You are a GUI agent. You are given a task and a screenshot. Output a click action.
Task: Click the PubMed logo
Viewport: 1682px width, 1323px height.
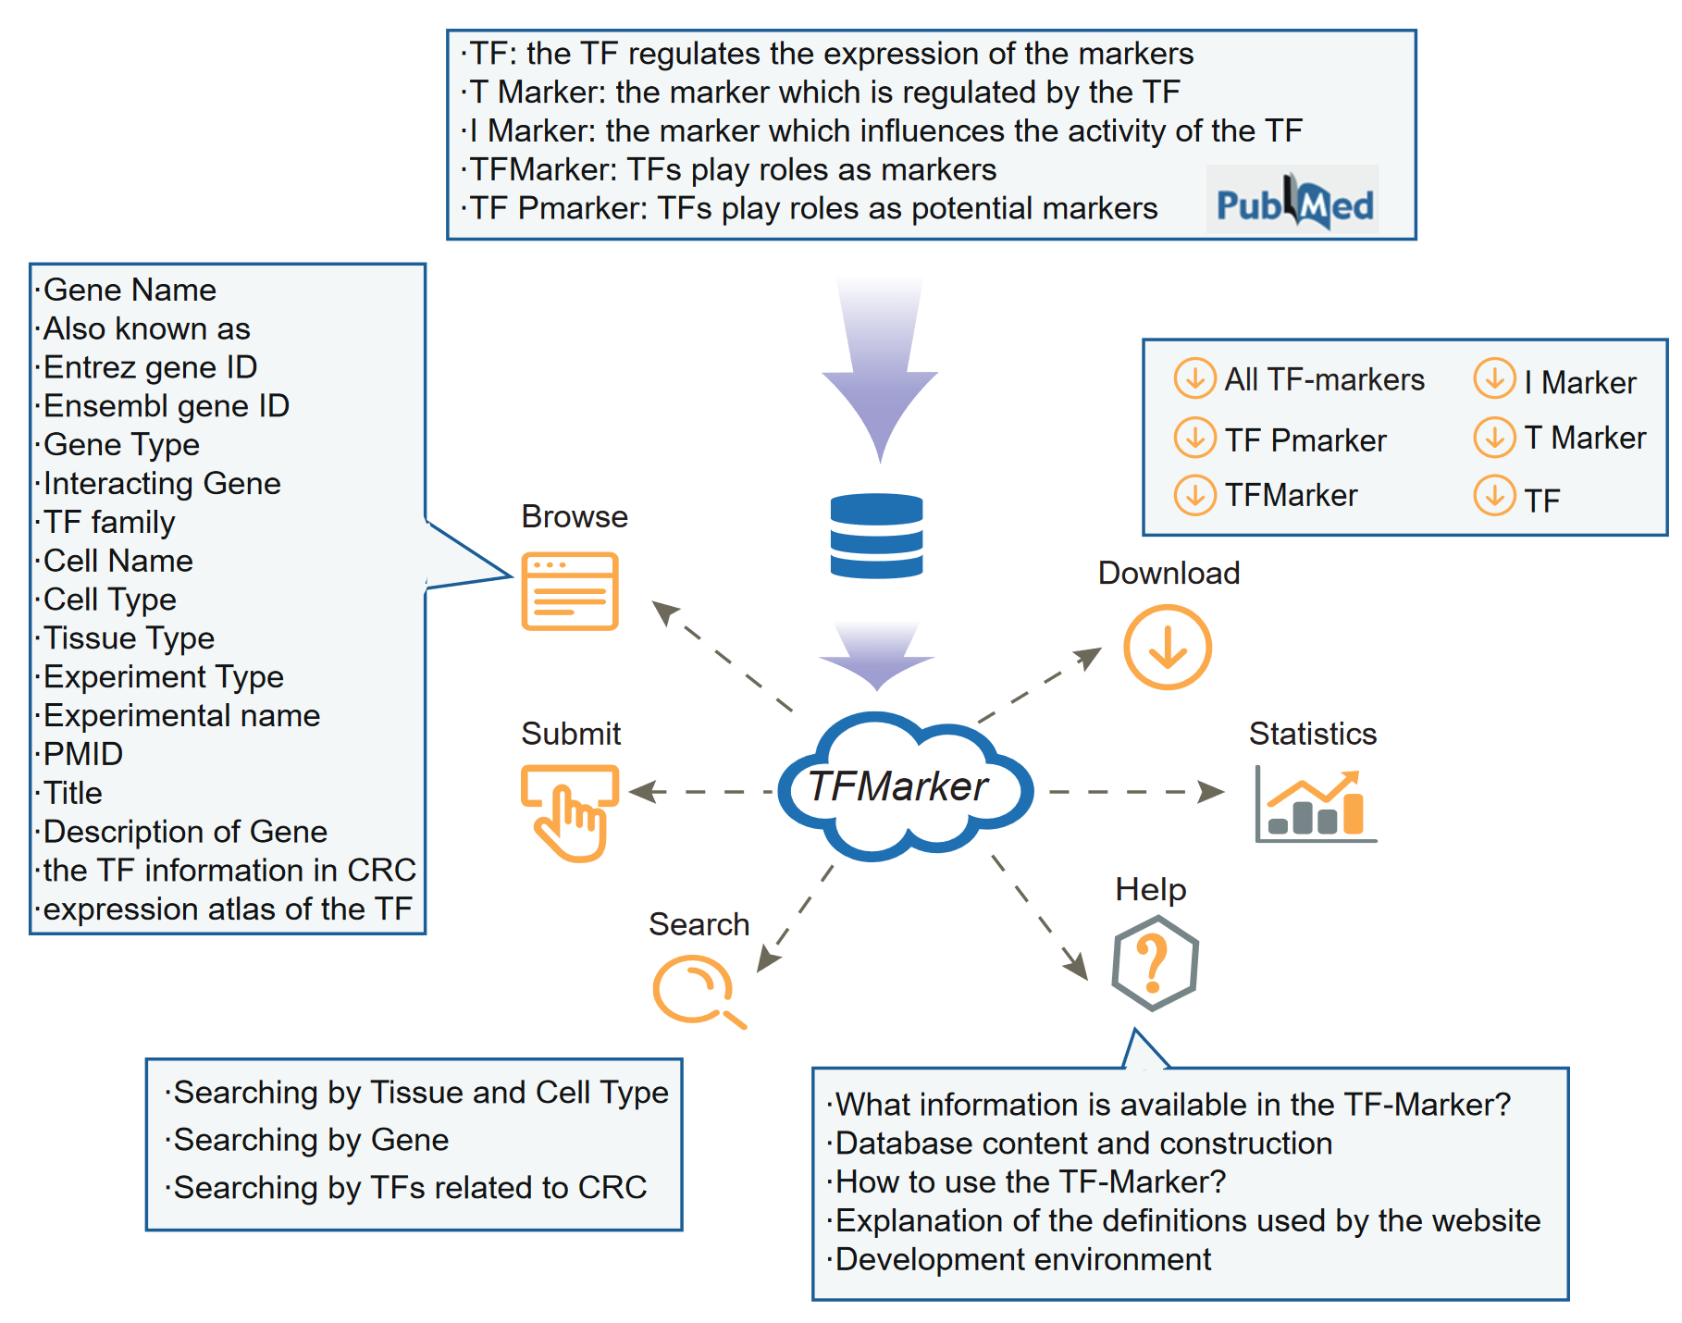pyautogui.click(x=1292, y=201)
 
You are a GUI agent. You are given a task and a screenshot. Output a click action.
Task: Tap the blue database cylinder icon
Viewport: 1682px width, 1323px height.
pyautogui.click(x=876, y=536)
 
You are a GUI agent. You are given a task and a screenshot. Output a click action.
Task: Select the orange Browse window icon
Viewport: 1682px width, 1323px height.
pyautogui.click(x=570, y=591)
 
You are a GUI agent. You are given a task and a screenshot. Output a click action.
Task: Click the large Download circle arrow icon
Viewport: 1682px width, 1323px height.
pyautogui.click(x=1168, y=647)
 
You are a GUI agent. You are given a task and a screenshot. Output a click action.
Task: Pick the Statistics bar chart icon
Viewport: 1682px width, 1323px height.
pyautogui.click(x=1315, y=804)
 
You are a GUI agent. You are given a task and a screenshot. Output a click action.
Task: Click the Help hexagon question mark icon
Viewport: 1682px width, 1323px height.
pyautogui.click(x=1155, y=963)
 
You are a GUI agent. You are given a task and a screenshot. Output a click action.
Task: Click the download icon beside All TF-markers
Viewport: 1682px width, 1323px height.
pyautogui.click(x=1194, y=378)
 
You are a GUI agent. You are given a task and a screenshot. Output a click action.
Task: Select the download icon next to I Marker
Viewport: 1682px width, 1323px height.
pyautogui.click(x=1494, y=378)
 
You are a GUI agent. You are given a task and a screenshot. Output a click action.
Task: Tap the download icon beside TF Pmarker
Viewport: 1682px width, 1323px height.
pyautogui.click(x=1194, y=438)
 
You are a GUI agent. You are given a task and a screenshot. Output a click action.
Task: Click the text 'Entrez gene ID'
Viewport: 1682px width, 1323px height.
pyautogui.click(x=150, y=367)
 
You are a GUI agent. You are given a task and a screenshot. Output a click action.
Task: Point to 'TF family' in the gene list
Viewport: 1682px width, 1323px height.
pyautogui.click(x=109, y=523)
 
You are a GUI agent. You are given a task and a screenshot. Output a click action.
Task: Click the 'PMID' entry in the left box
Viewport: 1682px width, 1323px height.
pyautogui.click(x=83, y=754)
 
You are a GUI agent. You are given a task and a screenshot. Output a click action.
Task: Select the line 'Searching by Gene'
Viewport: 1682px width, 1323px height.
pyautogui.click(x=311, y=1140)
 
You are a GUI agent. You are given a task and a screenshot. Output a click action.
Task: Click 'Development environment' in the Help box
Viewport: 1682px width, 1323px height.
pyautogui.click(x=1022, y=1259)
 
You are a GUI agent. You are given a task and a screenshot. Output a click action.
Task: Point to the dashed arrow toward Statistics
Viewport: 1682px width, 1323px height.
pyautogui.click(x=1136, y=792)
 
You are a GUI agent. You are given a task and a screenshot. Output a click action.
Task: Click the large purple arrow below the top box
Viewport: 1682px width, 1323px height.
pyautogui.click(x=880, y=368)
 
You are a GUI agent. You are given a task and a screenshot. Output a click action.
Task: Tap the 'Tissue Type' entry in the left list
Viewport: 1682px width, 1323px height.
pyautogui.click(x=129, y=638)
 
